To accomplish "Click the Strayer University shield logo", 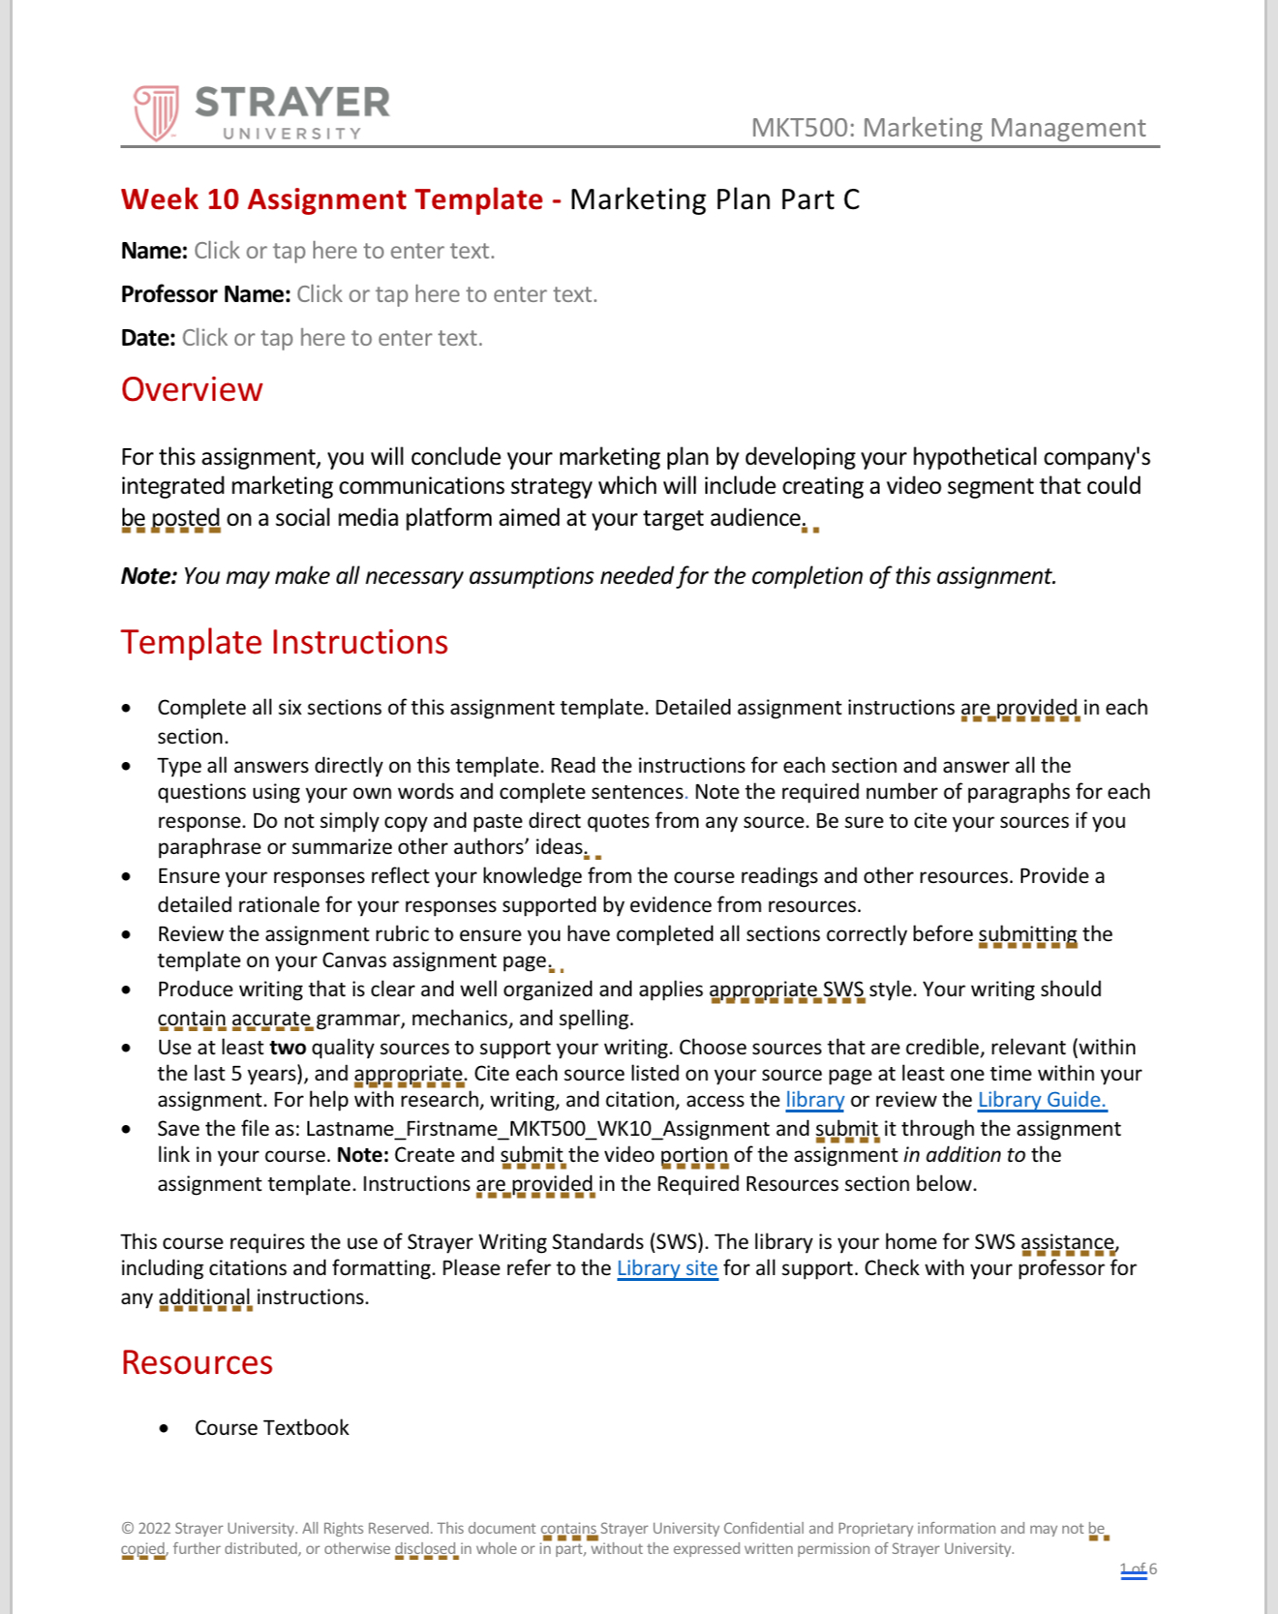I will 156,112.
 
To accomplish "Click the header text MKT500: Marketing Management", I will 948,128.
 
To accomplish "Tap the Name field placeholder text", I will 344,251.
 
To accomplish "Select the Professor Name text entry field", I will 446,294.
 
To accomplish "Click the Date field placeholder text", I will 332,338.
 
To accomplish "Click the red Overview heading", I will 192,389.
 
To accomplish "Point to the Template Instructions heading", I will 284,642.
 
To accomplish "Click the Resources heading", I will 197,1362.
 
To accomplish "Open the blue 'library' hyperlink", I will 814,1100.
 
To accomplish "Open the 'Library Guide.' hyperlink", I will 1042,1100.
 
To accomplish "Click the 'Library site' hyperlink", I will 667,1268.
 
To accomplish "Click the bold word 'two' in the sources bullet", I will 288,1048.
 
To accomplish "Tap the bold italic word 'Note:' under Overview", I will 148,576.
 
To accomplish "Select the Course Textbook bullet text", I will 271,1428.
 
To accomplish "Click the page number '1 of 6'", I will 1139,1569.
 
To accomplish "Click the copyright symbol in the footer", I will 127,1529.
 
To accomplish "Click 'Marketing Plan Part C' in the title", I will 715,199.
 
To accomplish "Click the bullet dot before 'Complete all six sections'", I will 127,709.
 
